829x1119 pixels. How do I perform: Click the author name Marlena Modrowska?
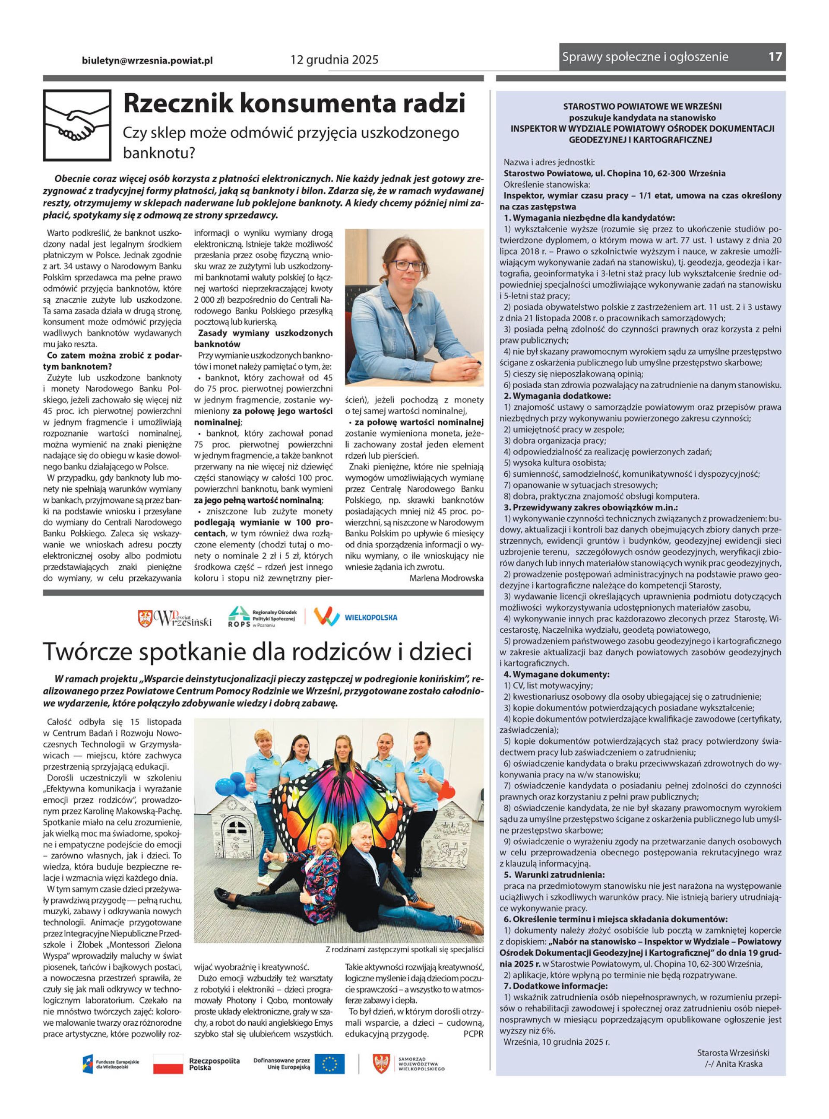click(446, 578)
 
